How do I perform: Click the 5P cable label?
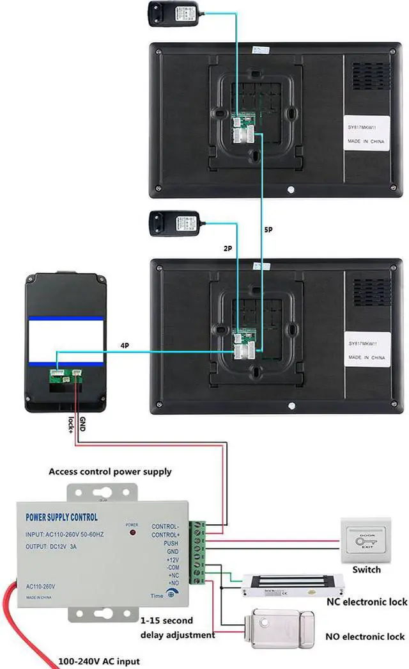click(268, 229)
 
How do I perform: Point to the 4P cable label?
click(125, 346)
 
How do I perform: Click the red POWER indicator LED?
click(132, 532)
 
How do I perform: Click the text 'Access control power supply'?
click(110, 472)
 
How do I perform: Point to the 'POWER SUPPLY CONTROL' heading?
click(61, 517)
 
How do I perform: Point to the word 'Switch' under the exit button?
click(366, 570)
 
